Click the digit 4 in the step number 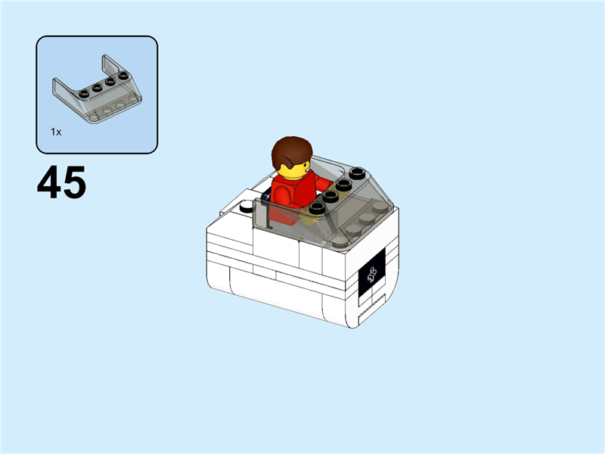click(49, 184)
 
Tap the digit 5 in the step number click(73, 184)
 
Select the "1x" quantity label click(56, 132)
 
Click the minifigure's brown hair click(291, 151)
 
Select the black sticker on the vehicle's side click(371, 275)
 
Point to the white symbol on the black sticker click(371, 275)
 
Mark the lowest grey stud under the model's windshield click(340, 239)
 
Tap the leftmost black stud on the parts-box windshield click(83, 93)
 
